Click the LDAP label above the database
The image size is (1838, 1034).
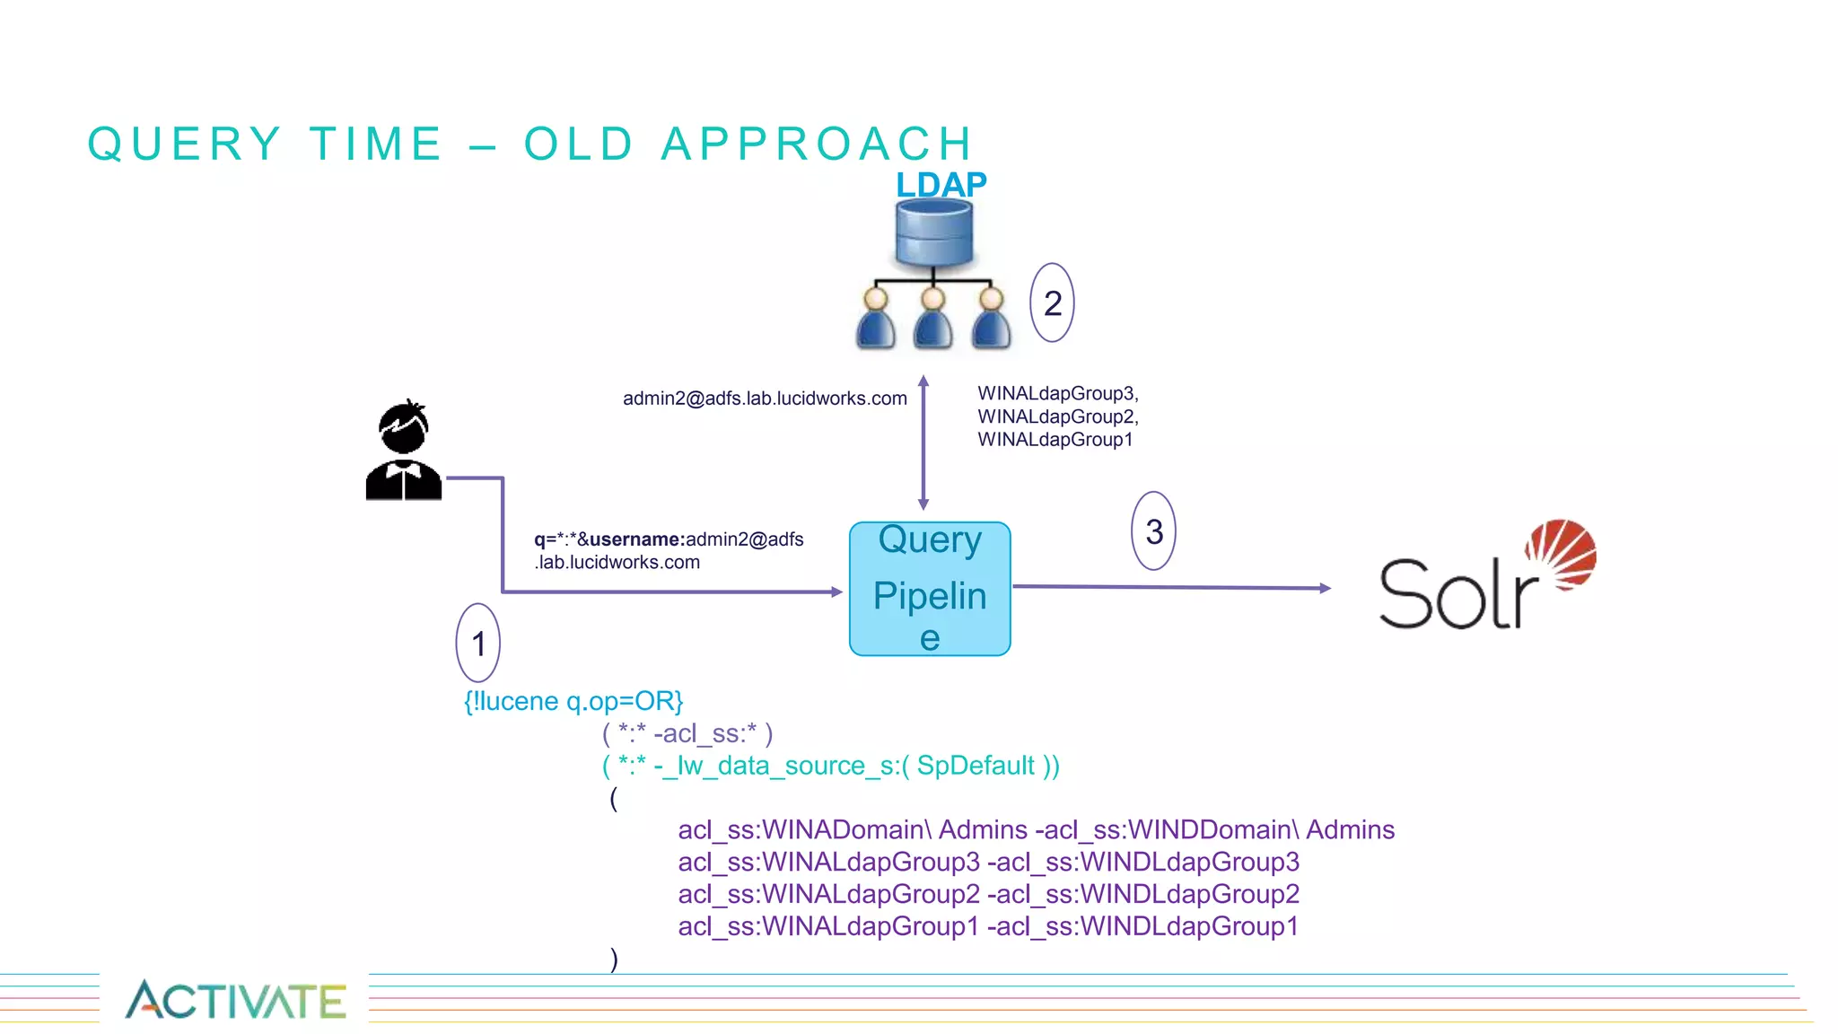pyautogui.click(x=941, y=184)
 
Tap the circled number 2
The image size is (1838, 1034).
pyautogui.click(x=1053, y=302)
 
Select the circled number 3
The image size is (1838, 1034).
pyautogui.click(x=1154, y=531)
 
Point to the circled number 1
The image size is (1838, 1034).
pyautogui.click(x=478, y=643)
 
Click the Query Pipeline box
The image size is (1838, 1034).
pyautogui.click(x=930, y=589)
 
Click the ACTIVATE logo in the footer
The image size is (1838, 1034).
pyautogui.click(x=236, y=1000)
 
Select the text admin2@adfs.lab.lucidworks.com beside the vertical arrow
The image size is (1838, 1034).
pyautogui.click(x=765, y=399)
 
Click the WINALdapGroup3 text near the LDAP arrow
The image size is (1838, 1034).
pyautogui.click(x=1057, y=393)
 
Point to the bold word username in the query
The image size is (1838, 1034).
pyautogui.click(x=636, y=539)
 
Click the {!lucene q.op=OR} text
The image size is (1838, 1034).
pyautogui.click(x=573, y=701)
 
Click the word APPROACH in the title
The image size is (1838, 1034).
pyautogui.click(x=817, y=144)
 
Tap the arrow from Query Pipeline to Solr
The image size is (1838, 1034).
pyautogui.click(x=1171, y=587)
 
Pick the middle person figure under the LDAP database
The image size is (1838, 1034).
pyautogui.click(x=933, y=318)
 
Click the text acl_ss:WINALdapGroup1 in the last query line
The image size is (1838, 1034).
pyautogui.click(x=827, y=926)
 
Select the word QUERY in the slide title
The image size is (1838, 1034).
pyautogui.click(x=184, y=144)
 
